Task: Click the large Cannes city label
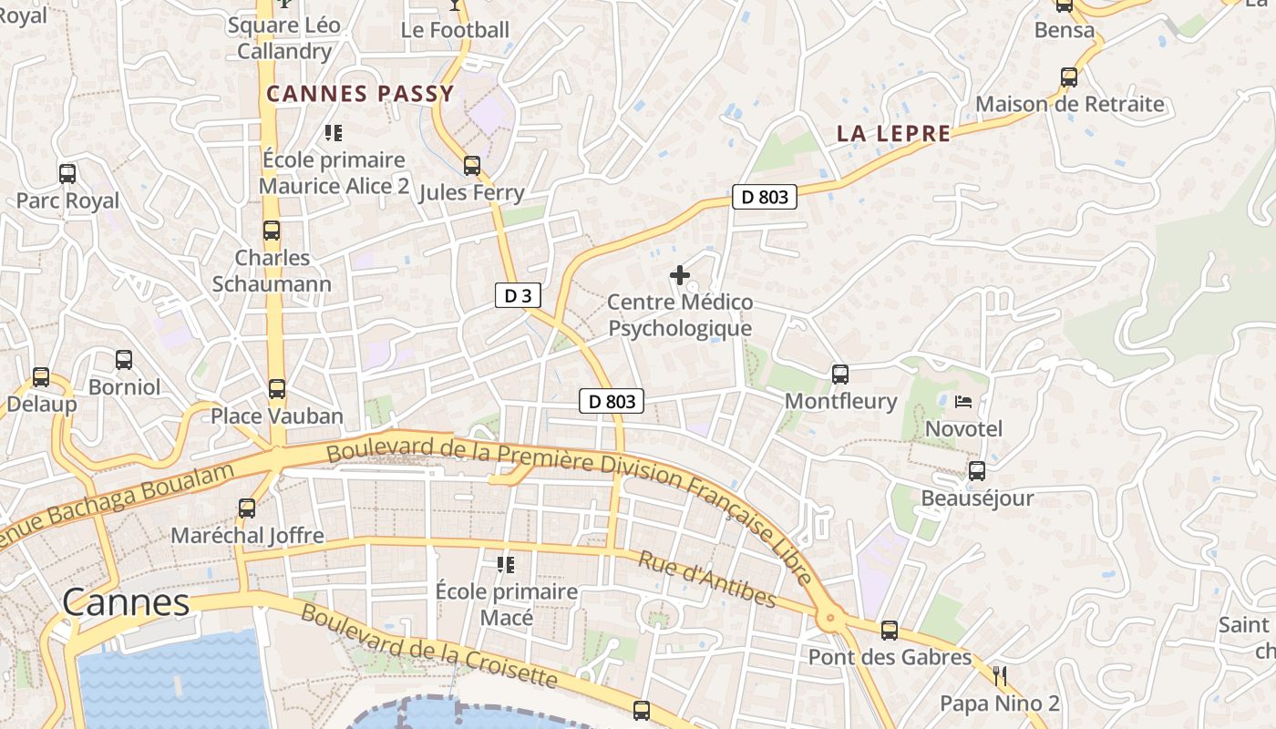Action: click(126, 602)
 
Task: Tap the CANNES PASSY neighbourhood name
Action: click(360, 93)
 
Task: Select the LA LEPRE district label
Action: click(893, 134)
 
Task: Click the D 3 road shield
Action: click(518, 295)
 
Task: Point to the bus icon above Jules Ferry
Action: click(471, 165)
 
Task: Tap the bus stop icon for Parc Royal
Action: click(67, 173)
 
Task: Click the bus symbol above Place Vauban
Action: click(276, 389)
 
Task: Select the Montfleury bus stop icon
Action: click(839, 374)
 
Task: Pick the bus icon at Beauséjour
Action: click(976, 471)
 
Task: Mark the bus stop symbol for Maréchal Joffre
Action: click(246, 508)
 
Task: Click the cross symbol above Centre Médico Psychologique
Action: click(679, 274)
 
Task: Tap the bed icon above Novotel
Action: click(963, 401)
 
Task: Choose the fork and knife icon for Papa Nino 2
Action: click(1000, 676)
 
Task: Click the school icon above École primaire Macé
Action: click(506, 565)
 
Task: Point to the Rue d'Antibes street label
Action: click(706, 580)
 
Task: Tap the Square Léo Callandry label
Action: click(283, 38)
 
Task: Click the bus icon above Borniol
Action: click(123, 360)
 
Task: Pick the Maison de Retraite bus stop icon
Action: click(1068, 77)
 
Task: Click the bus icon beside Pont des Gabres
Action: click(889, 630)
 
